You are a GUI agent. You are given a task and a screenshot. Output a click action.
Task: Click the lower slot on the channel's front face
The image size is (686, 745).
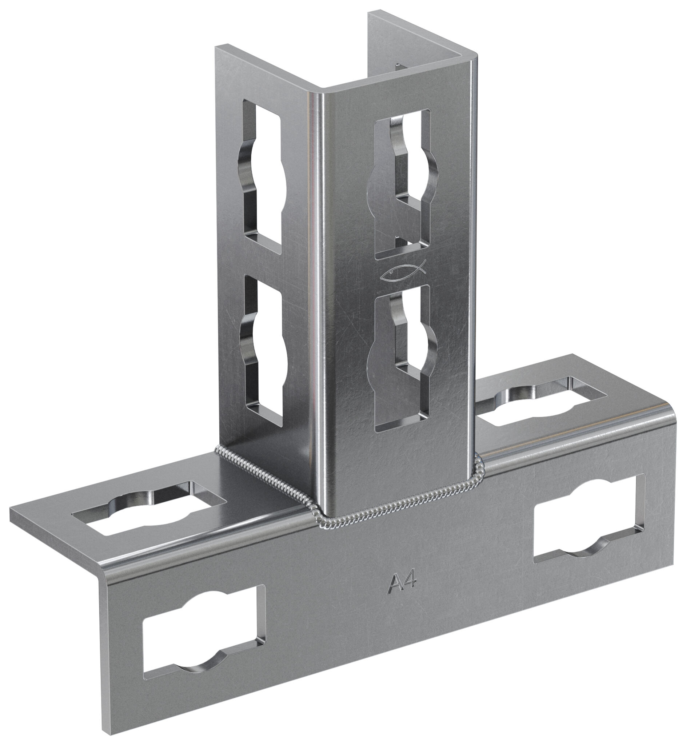pyautogui.click(x=402, y=359)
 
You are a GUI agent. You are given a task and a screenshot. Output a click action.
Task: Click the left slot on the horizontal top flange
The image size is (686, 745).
pyautogui.click(x=148, y=509)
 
